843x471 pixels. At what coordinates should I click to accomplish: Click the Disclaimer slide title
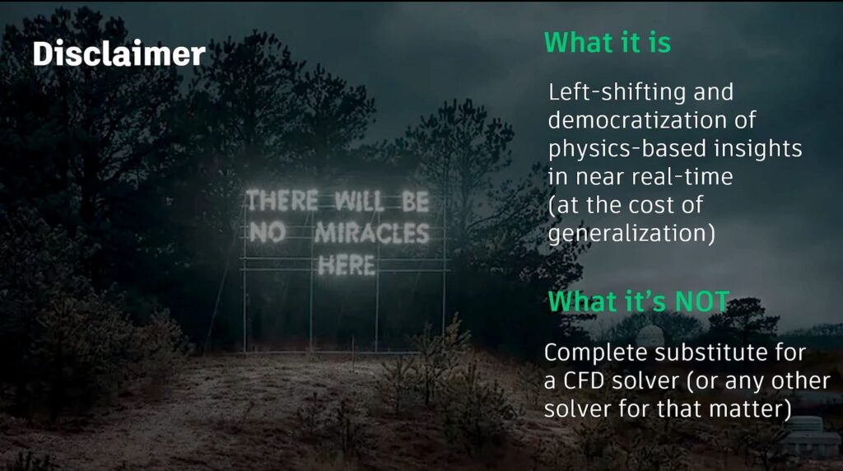[x=119, y=54]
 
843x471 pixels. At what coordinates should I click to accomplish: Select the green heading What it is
[x=608, y=43]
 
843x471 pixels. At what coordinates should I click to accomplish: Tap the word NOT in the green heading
[x=702, y=301]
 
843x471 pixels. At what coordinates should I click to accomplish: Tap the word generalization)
[x=631, y=233]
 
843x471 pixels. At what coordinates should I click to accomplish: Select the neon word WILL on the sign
[x=360, y=202]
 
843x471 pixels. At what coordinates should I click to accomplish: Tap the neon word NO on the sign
[x=268, y=232]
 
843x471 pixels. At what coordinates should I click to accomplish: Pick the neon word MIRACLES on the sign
[x=372, y=233]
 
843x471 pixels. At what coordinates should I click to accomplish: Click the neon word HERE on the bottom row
[x=347, y=266]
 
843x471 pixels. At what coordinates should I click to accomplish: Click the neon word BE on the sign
[x=416, y=203]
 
